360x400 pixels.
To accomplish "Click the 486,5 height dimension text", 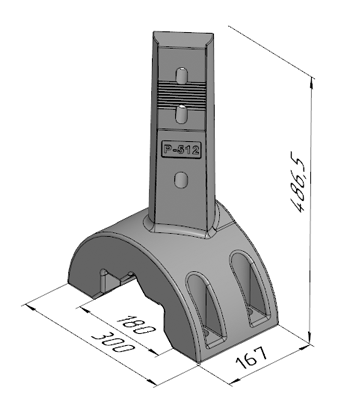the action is [298, 183].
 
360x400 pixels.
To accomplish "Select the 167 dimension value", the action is [252, 357].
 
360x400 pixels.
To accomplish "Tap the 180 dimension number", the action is [137, 324].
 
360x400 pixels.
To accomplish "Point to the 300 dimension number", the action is [114, 342].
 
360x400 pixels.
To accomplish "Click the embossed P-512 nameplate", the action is [181, 149].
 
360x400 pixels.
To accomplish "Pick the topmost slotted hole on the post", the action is [181, 76].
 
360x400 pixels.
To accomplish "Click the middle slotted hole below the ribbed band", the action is [181, 113].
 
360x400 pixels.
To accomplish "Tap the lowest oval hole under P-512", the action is [181, 180].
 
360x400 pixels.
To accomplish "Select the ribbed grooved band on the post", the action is [181, 93].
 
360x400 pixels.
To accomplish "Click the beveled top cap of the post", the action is [183, 40].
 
